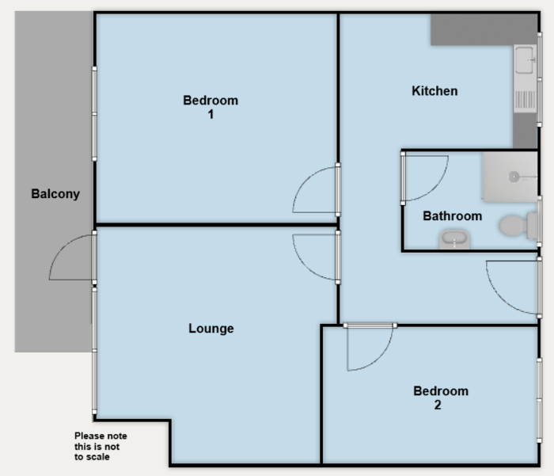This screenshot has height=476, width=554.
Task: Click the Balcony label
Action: (55, 194)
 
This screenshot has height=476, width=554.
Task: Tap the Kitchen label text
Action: (434, 91)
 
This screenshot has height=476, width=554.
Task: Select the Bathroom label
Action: (452, 216)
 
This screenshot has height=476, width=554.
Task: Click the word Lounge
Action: (211, 329)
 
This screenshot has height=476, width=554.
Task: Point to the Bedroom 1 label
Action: (211, 107)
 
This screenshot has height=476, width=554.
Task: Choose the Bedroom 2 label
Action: (441, 398)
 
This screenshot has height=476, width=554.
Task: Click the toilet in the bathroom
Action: (518, 226)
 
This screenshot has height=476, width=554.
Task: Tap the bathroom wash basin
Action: (454, 239)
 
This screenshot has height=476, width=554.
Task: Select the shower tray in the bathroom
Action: (510, 177)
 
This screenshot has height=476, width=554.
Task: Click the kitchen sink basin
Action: (524, 60)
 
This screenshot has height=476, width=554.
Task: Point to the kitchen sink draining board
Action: (525, 100)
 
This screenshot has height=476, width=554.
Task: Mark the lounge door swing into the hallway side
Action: (305, 266)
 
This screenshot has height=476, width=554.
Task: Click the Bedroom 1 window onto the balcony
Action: (94, 114)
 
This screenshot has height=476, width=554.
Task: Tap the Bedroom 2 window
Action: (539, 400)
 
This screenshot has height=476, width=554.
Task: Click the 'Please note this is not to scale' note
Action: (101, 446)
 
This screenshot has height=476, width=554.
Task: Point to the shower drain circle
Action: (514, 177)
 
